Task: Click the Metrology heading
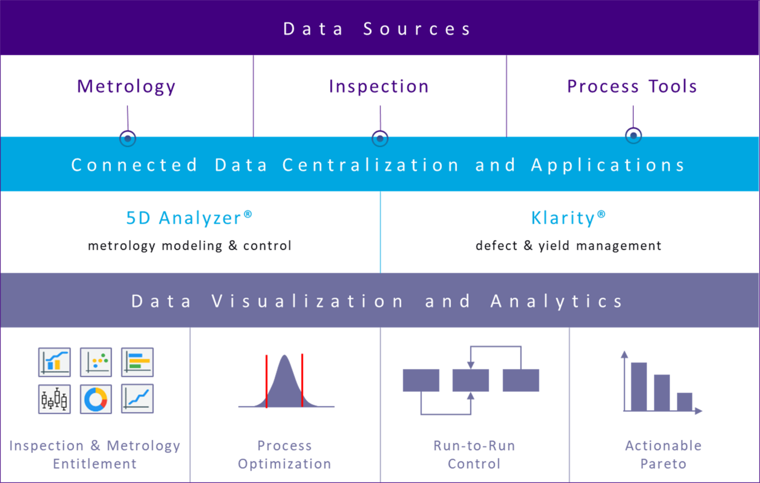point(126,87)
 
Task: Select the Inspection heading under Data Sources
point(379,87)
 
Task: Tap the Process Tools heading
point(632,87)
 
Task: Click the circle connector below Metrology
point(128,138)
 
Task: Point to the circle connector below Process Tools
point(633,135)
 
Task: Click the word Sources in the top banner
point(417,29)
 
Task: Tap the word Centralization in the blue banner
point(371,165)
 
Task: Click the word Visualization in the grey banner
point(307,301)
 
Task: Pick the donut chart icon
point(96,399)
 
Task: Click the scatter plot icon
point(96,362)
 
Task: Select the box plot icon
point(54,399)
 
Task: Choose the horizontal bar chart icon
point(137,362)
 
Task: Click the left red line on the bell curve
point(266,381)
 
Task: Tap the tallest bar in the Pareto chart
point(639,386)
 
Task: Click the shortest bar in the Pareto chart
point(684,401)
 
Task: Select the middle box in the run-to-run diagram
point(471,381)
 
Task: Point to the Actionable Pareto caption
point(663,455)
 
